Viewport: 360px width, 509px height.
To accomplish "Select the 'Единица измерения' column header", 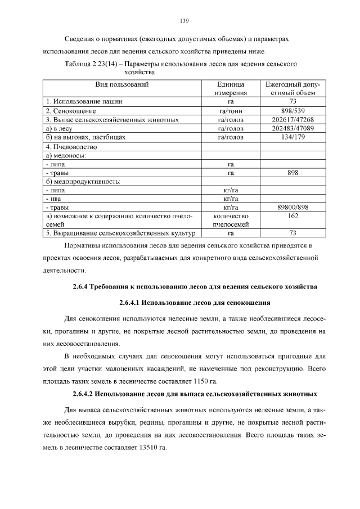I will point(230,89).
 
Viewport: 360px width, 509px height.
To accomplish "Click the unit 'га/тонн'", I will point(230,111).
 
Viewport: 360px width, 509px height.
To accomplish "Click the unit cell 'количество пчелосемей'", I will point(230,220).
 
